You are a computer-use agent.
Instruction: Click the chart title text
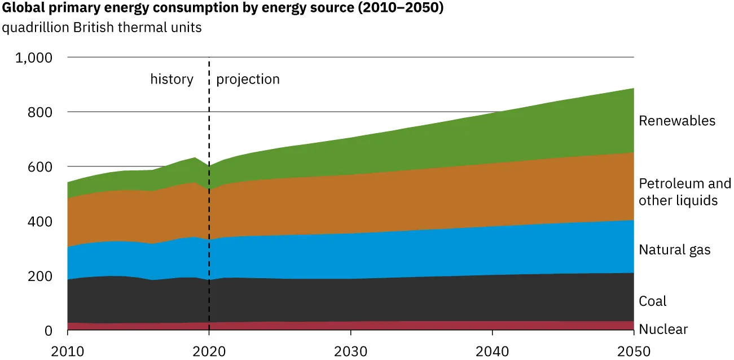(223, 9)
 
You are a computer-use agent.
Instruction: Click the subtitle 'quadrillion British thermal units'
(102, 28)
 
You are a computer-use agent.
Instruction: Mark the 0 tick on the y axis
(48, 331)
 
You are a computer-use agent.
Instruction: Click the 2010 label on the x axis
(68, 351)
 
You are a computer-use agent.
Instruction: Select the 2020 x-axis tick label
(209, 351)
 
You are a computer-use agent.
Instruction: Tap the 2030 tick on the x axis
(351, 351)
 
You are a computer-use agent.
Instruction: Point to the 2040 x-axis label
(493, 351)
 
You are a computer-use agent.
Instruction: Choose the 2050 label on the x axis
(634, 351)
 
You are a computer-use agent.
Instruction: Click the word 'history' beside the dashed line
(172, 79)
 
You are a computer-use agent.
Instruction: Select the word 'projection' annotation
(248, 79)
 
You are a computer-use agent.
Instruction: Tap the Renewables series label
(677, 121)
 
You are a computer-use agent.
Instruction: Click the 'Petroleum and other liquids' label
(684, 192)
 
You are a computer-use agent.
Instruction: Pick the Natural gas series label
(674, 250)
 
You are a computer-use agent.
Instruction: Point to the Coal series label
(652, 301)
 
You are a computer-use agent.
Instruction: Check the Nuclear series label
(663, 330)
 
